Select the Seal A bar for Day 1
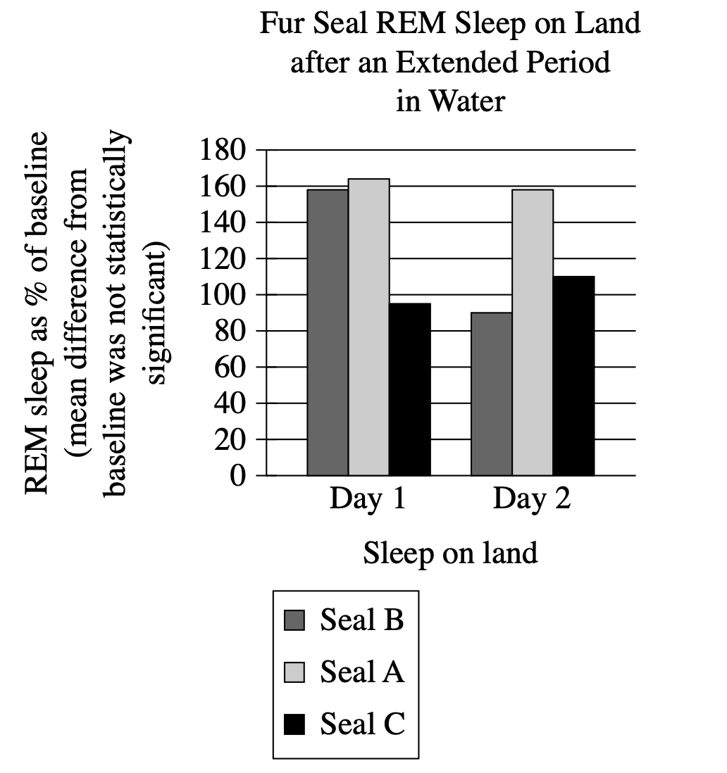pyautogui.click(x=368, y=327)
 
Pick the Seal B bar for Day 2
pyautogui.click(x=491, y=394)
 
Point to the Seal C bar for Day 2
pyautogui.click(x=573, y=376)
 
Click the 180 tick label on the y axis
pyautogui.click(x=222, y=150)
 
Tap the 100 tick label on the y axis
pyautogui.click(x=222, y=295)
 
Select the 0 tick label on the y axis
pyautogui.click(x=237, y=476)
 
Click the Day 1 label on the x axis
pyautogui.click(x=368, y=500)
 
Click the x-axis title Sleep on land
pyautogui.click(x=450, y=553)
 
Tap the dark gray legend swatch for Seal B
pyautogui.click(x=294, y=621)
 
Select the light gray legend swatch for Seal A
pyautogui.click(x=294, y=673)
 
